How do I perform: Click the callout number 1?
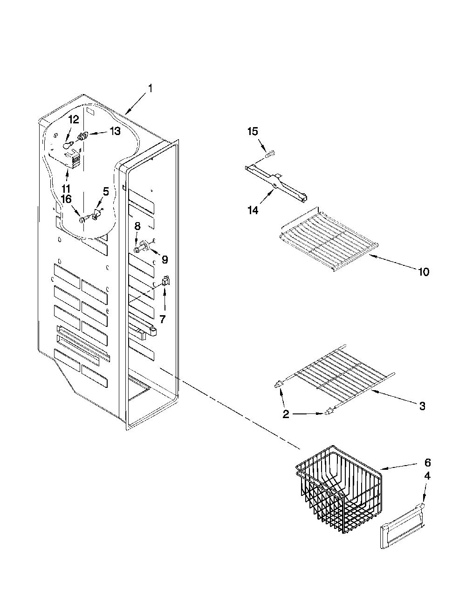150,88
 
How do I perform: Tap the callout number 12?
74,120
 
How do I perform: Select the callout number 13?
115,131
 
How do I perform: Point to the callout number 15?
253,131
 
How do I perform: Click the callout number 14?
253,210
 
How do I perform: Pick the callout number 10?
423,272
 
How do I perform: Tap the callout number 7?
162,319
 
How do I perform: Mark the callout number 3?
422,406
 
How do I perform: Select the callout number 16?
66,199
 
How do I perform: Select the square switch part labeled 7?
165,281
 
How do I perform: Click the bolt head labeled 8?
136,250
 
